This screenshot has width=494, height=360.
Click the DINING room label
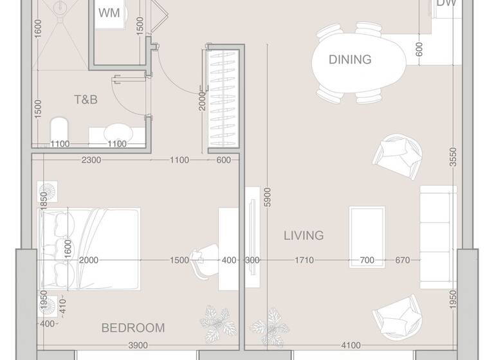(350, 60)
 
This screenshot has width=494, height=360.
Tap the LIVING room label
(304, 236)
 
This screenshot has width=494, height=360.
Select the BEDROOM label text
(133, 328)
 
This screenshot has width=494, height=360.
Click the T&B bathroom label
(85, 100)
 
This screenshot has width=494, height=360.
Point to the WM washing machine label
(108, 14)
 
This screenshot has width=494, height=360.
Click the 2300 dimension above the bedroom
(90, 161)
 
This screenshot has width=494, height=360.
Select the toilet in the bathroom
(59, 130)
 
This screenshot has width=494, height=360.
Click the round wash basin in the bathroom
(116, 131)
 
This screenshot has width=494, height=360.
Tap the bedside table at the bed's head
(50, 191)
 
